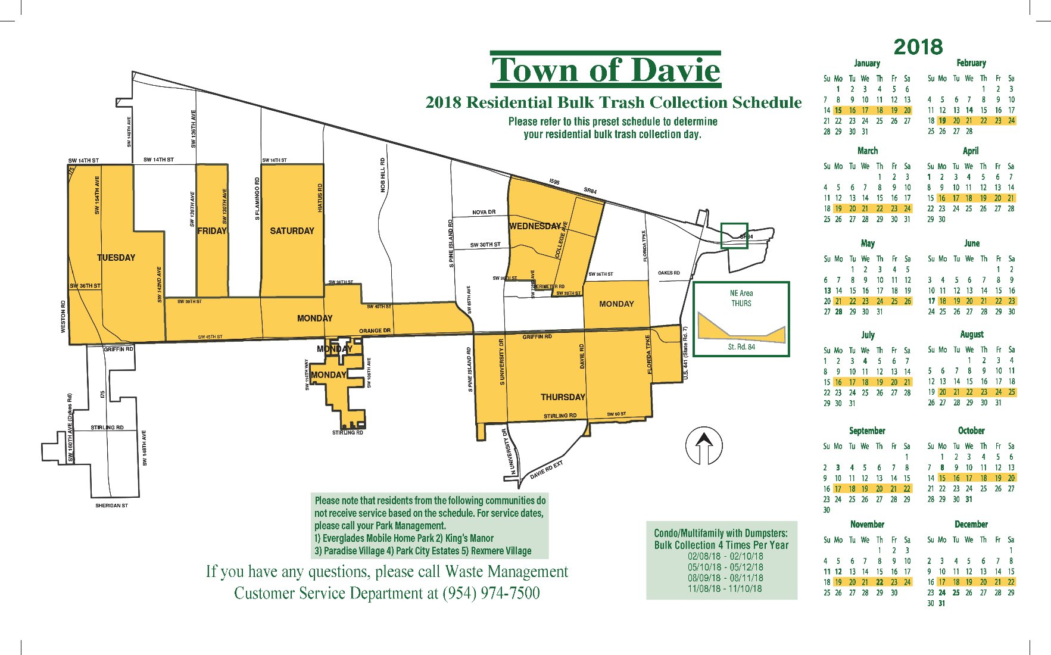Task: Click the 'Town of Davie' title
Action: coord(606,70)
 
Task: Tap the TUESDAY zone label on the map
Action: coord(116,258)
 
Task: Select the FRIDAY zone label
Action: coord(212,231)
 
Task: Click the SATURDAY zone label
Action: coord(292,231)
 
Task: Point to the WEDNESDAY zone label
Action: coord(535,226)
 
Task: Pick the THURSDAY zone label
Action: coord(563,397)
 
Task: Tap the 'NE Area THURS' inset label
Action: coord(741,298)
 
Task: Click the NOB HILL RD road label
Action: coord(383,174)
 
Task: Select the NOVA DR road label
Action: coord(484,212)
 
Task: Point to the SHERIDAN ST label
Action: coord(111,506)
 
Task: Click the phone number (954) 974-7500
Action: coord(491,593)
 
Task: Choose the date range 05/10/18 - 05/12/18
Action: coord(724,567)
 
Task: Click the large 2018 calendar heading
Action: coord(918,47)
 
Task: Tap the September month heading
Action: coord(867,431)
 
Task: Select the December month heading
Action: coord(971,524)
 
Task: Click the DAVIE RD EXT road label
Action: coord(546,470)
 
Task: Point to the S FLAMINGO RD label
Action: coord(257,198)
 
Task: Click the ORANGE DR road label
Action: coord(375,330)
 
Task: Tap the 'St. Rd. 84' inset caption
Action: coord(741,347)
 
